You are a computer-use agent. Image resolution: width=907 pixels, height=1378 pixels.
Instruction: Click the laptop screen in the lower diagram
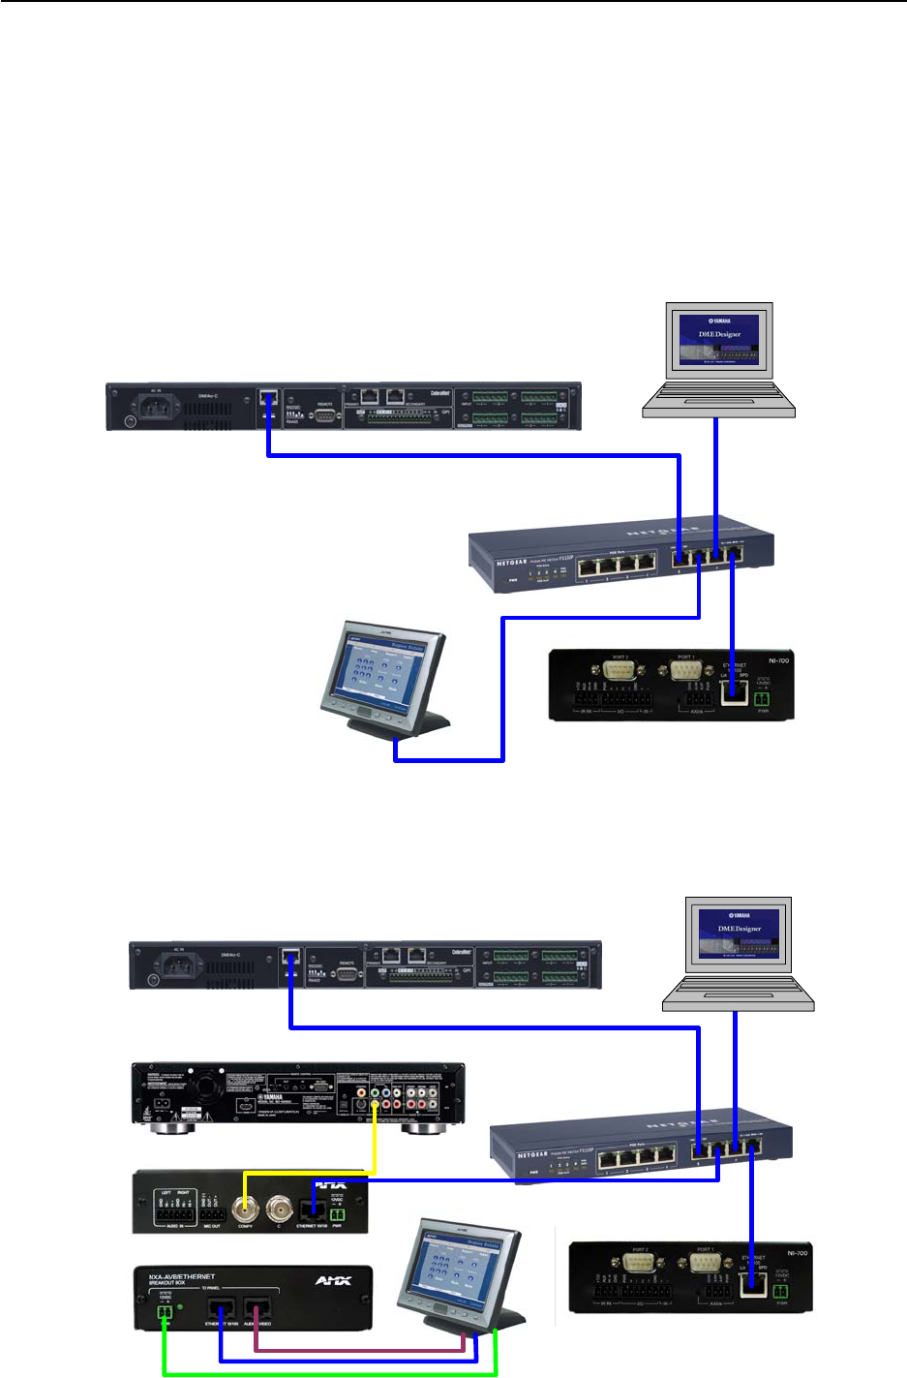(739, 934)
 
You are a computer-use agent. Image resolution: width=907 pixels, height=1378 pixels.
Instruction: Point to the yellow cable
(375, 1148)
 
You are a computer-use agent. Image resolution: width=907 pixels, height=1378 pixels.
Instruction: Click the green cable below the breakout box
(329, 1373)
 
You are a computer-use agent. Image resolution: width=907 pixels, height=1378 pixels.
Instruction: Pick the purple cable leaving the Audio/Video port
(358, 1350)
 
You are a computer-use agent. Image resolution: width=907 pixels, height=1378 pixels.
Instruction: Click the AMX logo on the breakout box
(332, 1281)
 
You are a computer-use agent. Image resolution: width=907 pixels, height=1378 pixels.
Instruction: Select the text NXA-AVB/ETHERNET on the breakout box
(182, 1277)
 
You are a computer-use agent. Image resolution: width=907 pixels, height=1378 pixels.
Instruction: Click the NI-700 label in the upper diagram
(777, 660)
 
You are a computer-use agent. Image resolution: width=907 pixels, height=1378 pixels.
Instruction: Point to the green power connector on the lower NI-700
(781, 1291)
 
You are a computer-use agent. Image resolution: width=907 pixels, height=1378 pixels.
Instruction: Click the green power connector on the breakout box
(165, 1313)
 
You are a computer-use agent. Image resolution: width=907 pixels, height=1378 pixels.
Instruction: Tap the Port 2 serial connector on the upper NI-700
(620, 671)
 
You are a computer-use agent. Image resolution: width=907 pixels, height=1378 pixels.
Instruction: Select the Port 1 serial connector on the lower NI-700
(705, 1264)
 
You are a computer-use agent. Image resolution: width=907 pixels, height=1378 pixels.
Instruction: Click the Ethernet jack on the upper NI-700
(736, 690)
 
